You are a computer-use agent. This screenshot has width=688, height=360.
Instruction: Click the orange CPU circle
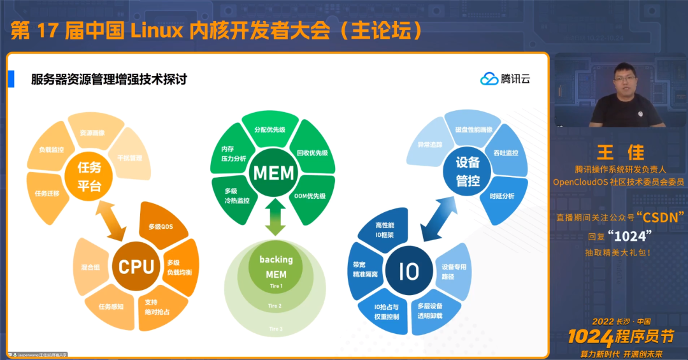136,266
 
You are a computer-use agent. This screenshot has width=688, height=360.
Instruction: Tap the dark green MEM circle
273,173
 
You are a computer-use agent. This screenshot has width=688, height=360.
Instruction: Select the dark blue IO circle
408,271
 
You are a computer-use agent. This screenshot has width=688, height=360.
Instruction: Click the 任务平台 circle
89,176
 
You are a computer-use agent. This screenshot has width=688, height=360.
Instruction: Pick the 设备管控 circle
468,171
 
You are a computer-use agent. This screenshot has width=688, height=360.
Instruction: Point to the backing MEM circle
276,267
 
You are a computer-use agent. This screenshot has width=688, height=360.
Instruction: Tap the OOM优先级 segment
310,196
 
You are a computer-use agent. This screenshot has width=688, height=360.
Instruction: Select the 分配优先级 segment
269,129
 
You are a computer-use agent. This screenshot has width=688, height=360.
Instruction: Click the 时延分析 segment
502,196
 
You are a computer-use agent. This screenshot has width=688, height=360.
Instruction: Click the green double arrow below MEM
275,217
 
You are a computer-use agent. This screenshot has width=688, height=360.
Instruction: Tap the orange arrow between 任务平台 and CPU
113,220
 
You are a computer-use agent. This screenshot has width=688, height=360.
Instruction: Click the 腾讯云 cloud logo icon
489,79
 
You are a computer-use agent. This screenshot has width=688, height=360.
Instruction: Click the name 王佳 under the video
620,153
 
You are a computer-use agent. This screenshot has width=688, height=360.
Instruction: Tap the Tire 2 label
275,306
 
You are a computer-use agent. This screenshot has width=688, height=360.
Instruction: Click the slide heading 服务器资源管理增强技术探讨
109,80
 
